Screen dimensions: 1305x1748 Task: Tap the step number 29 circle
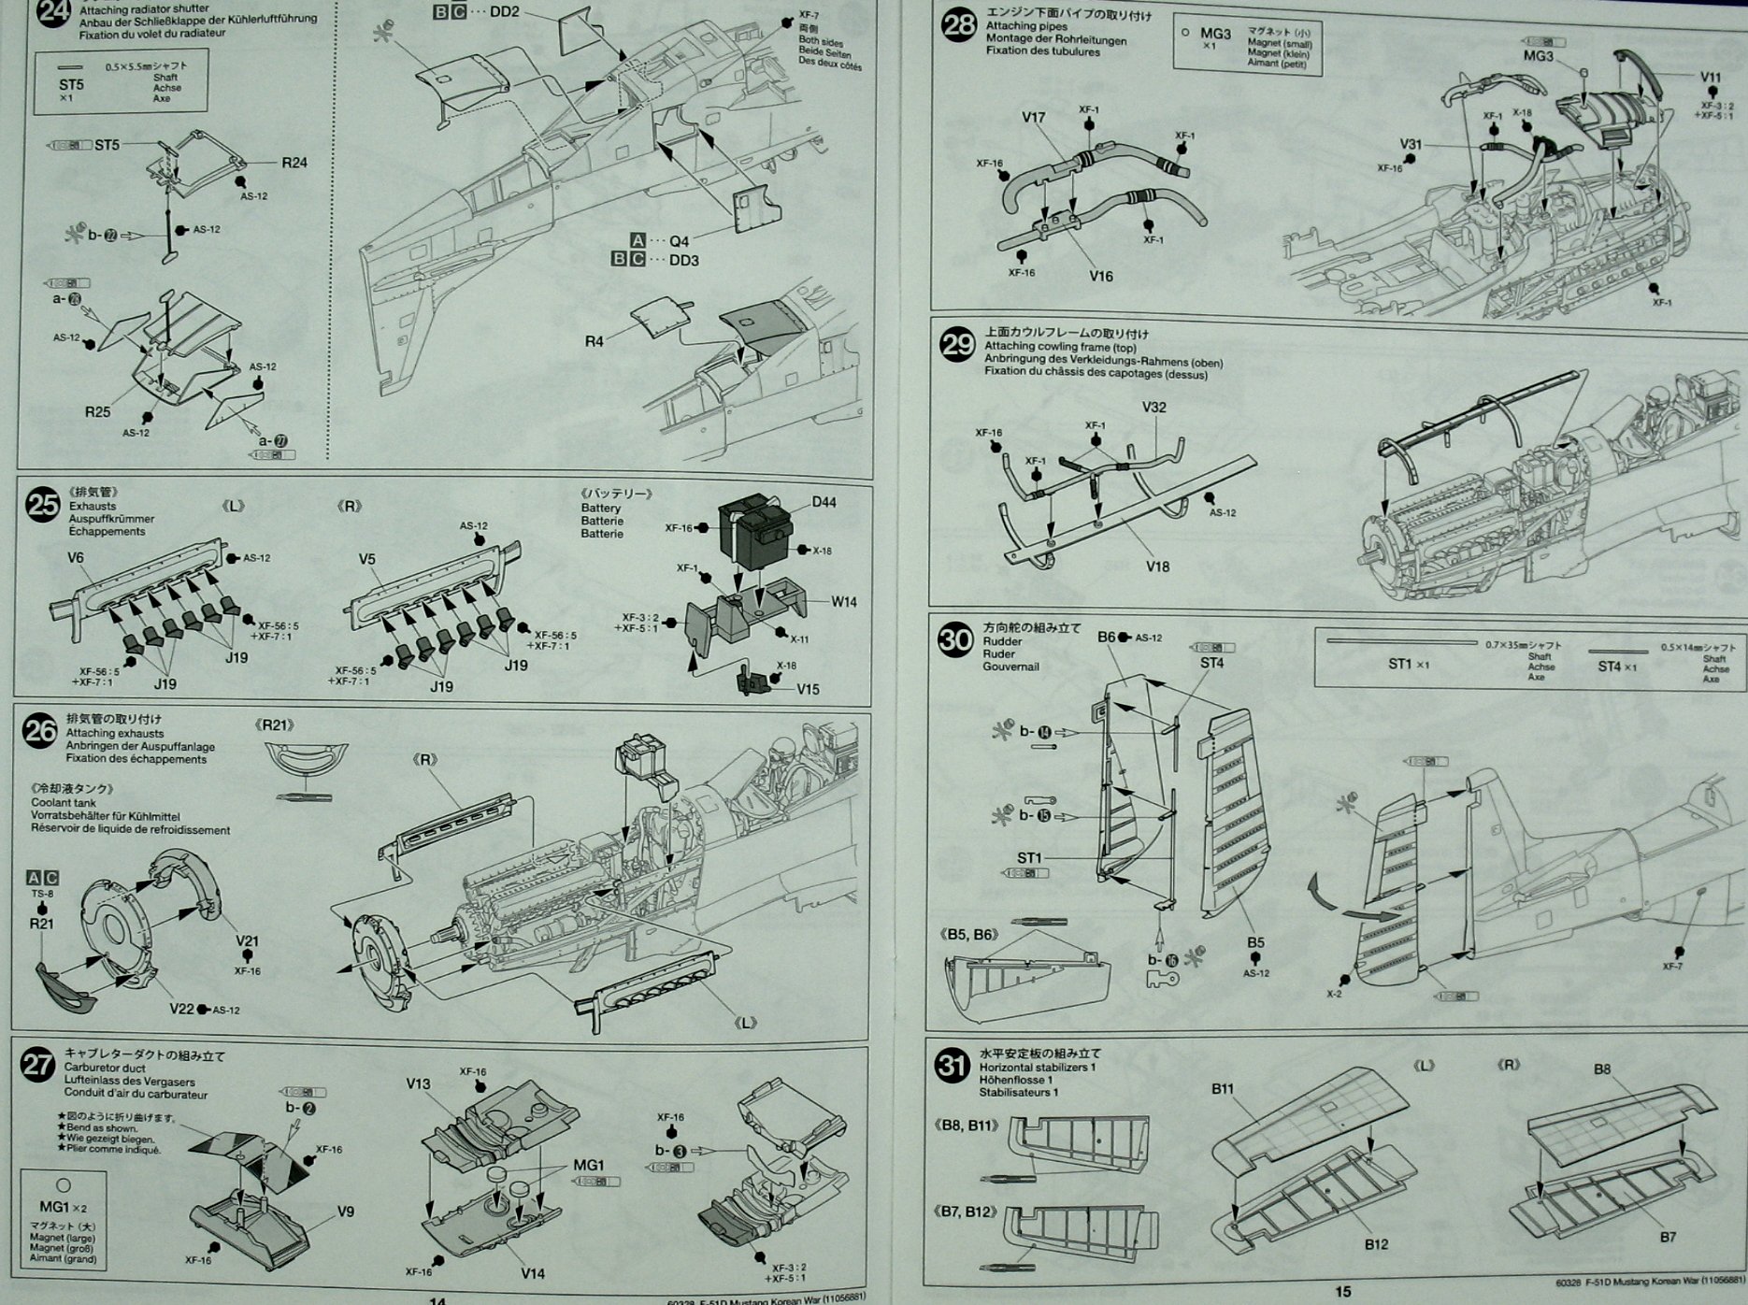point(956,346)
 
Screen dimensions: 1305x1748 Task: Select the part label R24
point(294,162)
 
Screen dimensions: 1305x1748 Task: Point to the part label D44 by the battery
point(824,502)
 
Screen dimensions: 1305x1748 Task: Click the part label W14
point(843,601)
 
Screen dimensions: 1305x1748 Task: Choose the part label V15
point(808,689)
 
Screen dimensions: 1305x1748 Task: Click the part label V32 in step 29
point(1154,408)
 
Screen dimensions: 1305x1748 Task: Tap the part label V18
point(1156,566)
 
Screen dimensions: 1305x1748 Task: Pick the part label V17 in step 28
point(1033,118)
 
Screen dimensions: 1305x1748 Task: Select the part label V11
point(1710,77)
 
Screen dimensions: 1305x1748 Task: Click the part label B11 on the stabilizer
point(1223,1088)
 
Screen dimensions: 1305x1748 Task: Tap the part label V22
point(181,1009)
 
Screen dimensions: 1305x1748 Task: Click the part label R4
point(594,341)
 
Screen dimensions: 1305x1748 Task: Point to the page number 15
point(1342,1291)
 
